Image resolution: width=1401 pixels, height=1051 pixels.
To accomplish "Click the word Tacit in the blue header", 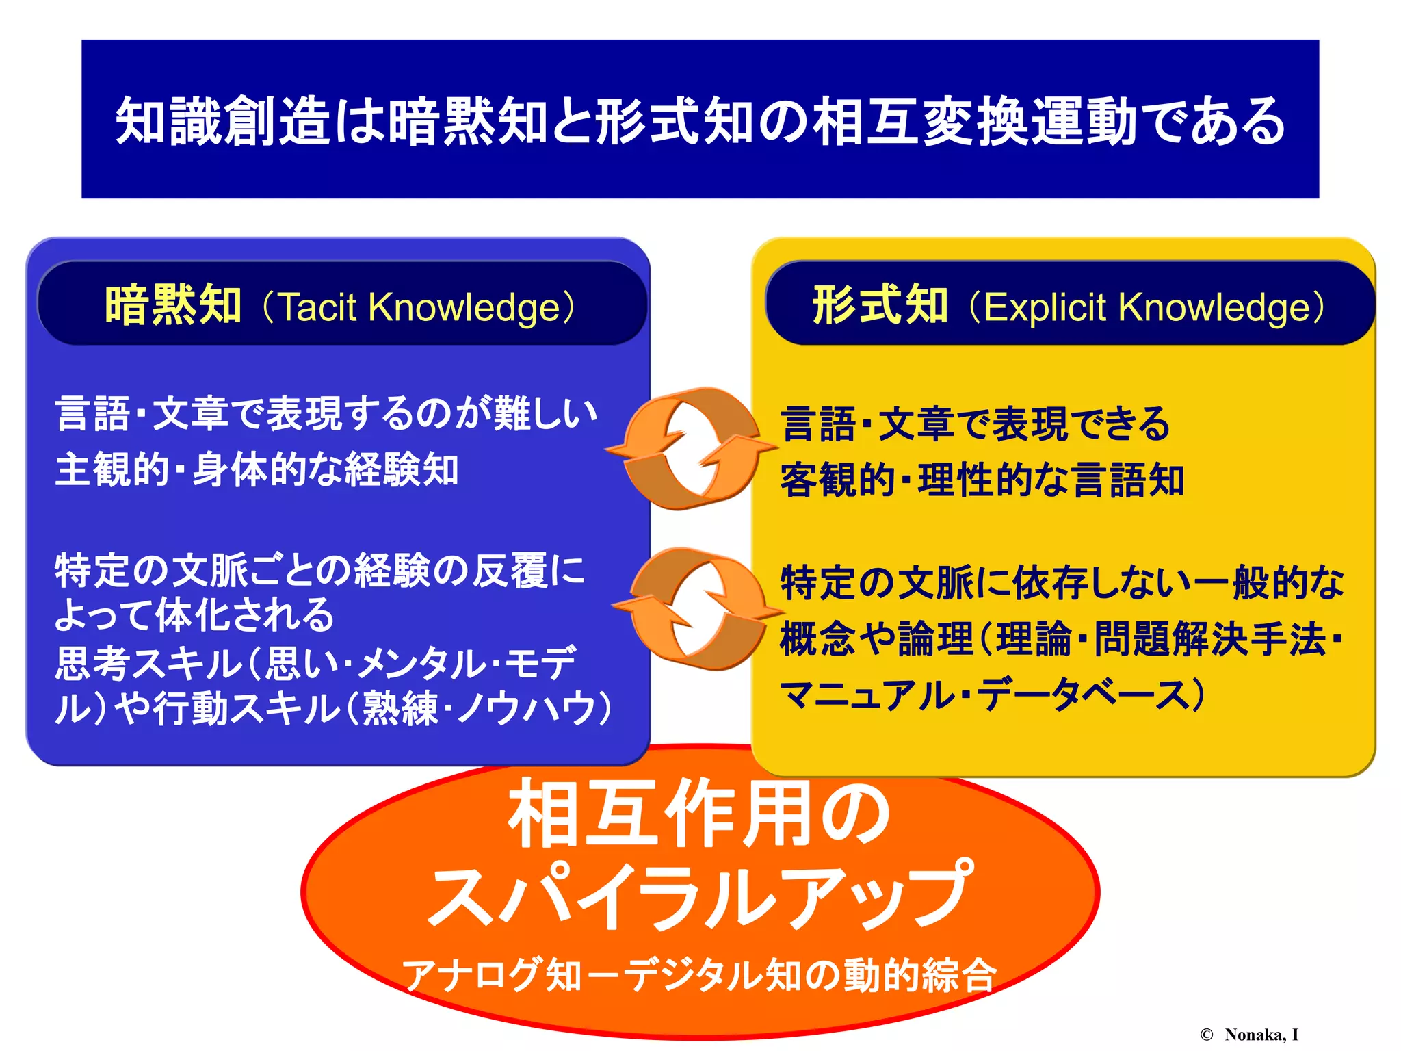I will click(318, 307).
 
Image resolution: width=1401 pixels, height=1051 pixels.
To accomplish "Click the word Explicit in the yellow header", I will click(1045, 307).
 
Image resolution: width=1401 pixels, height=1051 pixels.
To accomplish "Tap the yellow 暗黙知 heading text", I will click(173, 305).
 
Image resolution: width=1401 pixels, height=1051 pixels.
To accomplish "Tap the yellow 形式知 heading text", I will click(880, 305).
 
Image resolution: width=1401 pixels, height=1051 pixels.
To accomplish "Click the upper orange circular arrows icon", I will click(692, 448).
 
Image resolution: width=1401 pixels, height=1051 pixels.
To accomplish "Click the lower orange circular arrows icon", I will click(697, 608).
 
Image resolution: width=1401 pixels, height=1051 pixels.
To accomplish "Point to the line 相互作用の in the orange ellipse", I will click(699, 815).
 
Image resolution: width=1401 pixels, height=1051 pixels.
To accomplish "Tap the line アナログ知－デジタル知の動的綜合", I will click(699, 974).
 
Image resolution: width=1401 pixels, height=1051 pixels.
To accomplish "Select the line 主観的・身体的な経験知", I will click(257, 470).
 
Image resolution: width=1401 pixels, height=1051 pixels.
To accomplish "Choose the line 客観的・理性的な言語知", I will click(982, 480).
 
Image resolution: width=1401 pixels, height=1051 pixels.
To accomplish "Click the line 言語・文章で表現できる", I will click(976, 424).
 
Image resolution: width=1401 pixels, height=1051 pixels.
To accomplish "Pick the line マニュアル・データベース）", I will click(992, 695).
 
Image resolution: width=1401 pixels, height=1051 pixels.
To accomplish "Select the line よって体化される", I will click(194, 615).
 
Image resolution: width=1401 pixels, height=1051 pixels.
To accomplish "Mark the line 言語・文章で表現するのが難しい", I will click(326, 414).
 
